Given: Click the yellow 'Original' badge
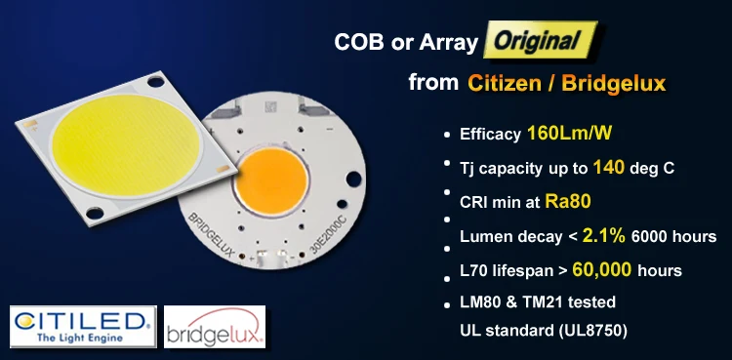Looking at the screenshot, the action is (540, 40).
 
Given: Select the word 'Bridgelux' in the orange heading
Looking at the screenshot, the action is (614, 84).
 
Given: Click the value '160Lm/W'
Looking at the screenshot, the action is (570, 134).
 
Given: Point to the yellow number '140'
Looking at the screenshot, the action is (609, 167).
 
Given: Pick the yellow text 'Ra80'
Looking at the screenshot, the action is (568, 201).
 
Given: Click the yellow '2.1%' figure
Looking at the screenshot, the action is (603, 236).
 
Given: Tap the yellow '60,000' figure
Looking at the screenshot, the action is (602, 269).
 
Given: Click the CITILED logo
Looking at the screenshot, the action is (83, 327).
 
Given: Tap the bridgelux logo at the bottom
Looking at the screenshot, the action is (215, 327).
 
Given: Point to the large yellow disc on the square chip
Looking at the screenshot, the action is (126, 145).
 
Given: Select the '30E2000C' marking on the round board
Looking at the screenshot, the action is (329, 238).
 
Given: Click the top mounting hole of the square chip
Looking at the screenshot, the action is (155, 82).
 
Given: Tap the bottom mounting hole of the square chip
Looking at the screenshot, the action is (95, 214).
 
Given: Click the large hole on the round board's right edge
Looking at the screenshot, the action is (353, 180).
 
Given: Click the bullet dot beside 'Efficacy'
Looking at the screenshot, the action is (447, 135).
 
